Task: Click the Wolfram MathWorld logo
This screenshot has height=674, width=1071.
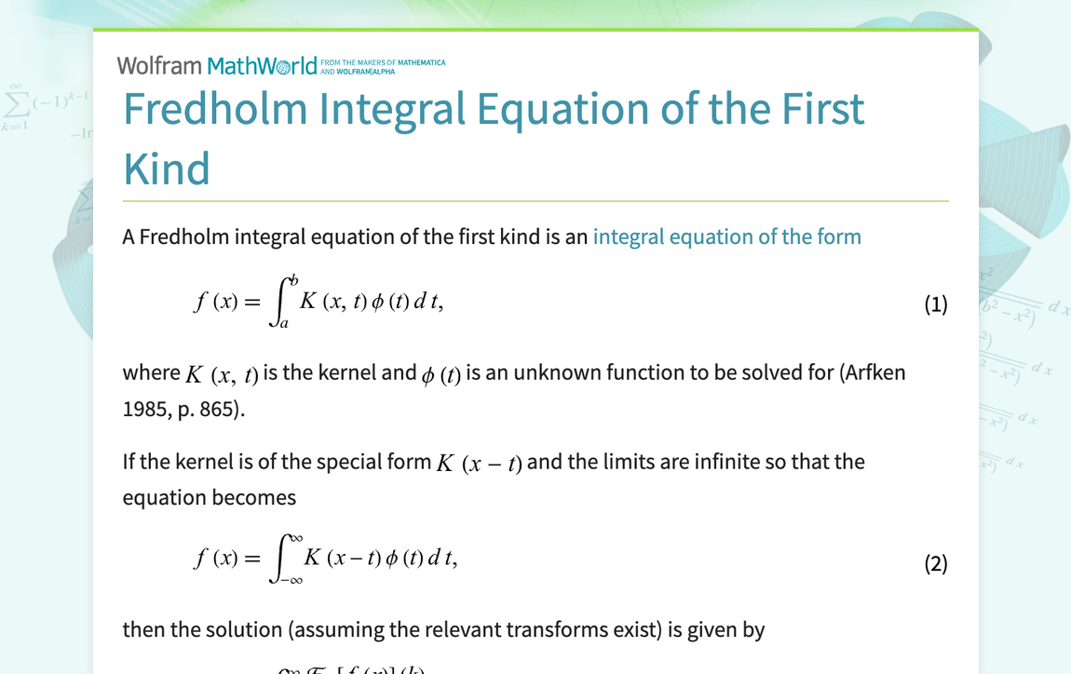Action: tap(217, 66)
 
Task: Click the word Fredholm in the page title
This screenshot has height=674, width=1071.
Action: tap(215, 109)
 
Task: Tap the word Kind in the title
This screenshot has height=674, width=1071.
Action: tap(167, 168)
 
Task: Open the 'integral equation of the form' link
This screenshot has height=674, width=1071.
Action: tap(726, 236)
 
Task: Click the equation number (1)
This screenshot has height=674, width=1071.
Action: tap(935, 304)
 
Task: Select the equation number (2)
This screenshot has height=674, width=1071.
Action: tap(935, 563)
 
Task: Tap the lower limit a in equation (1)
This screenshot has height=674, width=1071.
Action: tap(283, 324)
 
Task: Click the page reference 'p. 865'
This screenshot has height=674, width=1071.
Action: tap(210, 409)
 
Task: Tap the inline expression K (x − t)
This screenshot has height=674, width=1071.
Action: tap(479, 464)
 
